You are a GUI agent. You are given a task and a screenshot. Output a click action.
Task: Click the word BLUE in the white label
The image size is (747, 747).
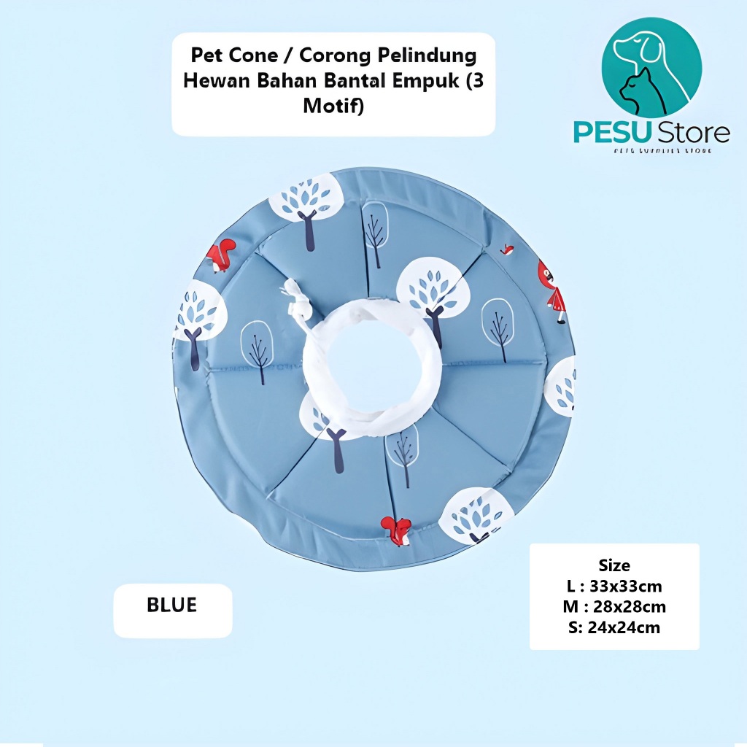click(x=172, y=605)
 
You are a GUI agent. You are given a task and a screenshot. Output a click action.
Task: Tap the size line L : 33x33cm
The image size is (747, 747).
click(x=614, y=586)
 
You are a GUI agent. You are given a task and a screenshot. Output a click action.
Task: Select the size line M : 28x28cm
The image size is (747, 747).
click(x=614, y=606)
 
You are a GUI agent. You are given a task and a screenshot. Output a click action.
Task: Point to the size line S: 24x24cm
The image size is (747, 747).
click(x=614, y=627)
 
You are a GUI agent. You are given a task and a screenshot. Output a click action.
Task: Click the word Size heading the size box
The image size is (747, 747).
click(x=614, y=565)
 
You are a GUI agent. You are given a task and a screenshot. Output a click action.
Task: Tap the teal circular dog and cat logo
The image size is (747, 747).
click(x=651, y=68)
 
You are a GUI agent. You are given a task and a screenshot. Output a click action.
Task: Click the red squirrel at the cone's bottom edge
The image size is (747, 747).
click(x=396, y=530)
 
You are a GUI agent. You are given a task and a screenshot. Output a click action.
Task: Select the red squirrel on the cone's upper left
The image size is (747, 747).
click(x=220, y=255)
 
